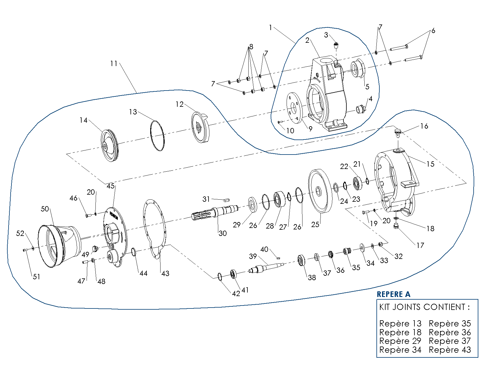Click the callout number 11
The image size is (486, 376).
coord(114,63)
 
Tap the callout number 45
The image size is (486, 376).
coord(110,186)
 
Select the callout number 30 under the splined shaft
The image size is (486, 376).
coord(223,233)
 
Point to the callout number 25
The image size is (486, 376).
coord(315,224)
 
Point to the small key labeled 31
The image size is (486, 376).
coord(227,200)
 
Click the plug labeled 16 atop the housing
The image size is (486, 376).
coord(398,133)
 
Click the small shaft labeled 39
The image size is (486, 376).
coord(265,268)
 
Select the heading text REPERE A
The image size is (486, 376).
coord(393,294)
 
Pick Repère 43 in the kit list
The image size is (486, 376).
coord(450,350)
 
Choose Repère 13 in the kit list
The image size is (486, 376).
coord(400,324)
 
